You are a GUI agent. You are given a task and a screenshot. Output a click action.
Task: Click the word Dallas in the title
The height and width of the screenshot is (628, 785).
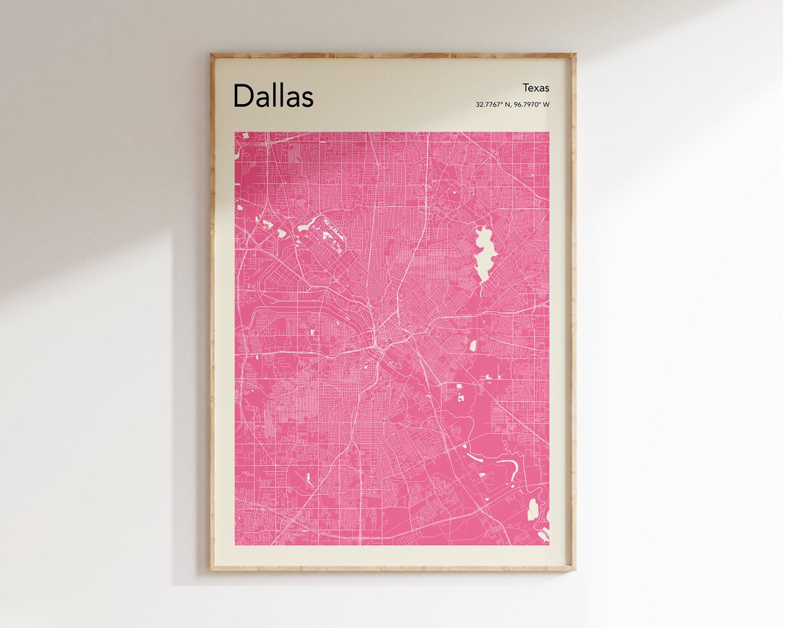273,96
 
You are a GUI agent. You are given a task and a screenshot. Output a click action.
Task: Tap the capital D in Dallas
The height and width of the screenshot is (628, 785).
243,96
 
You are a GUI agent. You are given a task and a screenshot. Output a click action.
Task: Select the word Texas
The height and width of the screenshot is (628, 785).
536,88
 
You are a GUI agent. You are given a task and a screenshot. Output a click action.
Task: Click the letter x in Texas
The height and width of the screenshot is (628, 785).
536,89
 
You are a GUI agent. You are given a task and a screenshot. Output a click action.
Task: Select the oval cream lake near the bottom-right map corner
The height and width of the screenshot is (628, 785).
533,508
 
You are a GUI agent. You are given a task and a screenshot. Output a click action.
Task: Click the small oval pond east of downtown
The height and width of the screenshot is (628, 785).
472,345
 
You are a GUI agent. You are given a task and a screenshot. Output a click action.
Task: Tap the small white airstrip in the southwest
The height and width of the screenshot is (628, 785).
309,479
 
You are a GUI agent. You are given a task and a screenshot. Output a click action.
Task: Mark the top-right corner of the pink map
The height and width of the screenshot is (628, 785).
549,132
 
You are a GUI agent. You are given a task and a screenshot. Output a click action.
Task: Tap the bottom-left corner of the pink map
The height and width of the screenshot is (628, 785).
235,545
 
